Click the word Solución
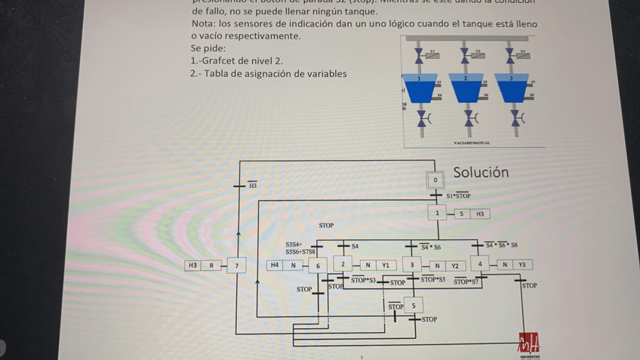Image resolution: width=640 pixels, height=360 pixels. pos(481,172)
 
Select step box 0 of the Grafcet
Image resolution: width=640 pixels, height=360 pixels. pos(435,180)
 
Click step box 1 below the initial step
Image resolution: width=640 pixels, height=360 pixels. pos(437,214)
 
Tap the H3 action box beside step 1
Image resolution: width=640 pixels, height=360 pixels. pos(479,214)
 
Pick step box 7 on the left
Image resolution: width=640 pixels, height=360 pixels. pos(236,266)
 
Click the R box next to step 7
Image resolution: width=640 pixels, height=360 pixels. pos(211,266)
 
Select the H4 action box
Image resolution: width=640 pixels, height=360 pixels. pos(275,266)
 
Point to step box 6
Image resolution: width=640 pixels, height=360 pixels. pos(318,266)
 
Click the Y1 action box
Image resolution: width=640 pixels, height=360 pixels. pos(385,265)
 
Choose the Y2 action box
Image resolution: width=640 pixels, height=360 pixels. pos(455,265)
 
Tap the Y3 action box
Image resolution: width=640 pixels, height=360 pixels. pos(522,265)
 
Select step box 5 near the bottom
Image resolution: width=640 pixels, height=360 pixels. pos(413,306)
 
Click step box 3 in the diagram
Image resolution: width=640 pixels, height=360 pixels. pos(412,265)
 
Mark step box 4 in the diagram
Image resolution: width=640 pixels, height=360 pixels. pos(480,265)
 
